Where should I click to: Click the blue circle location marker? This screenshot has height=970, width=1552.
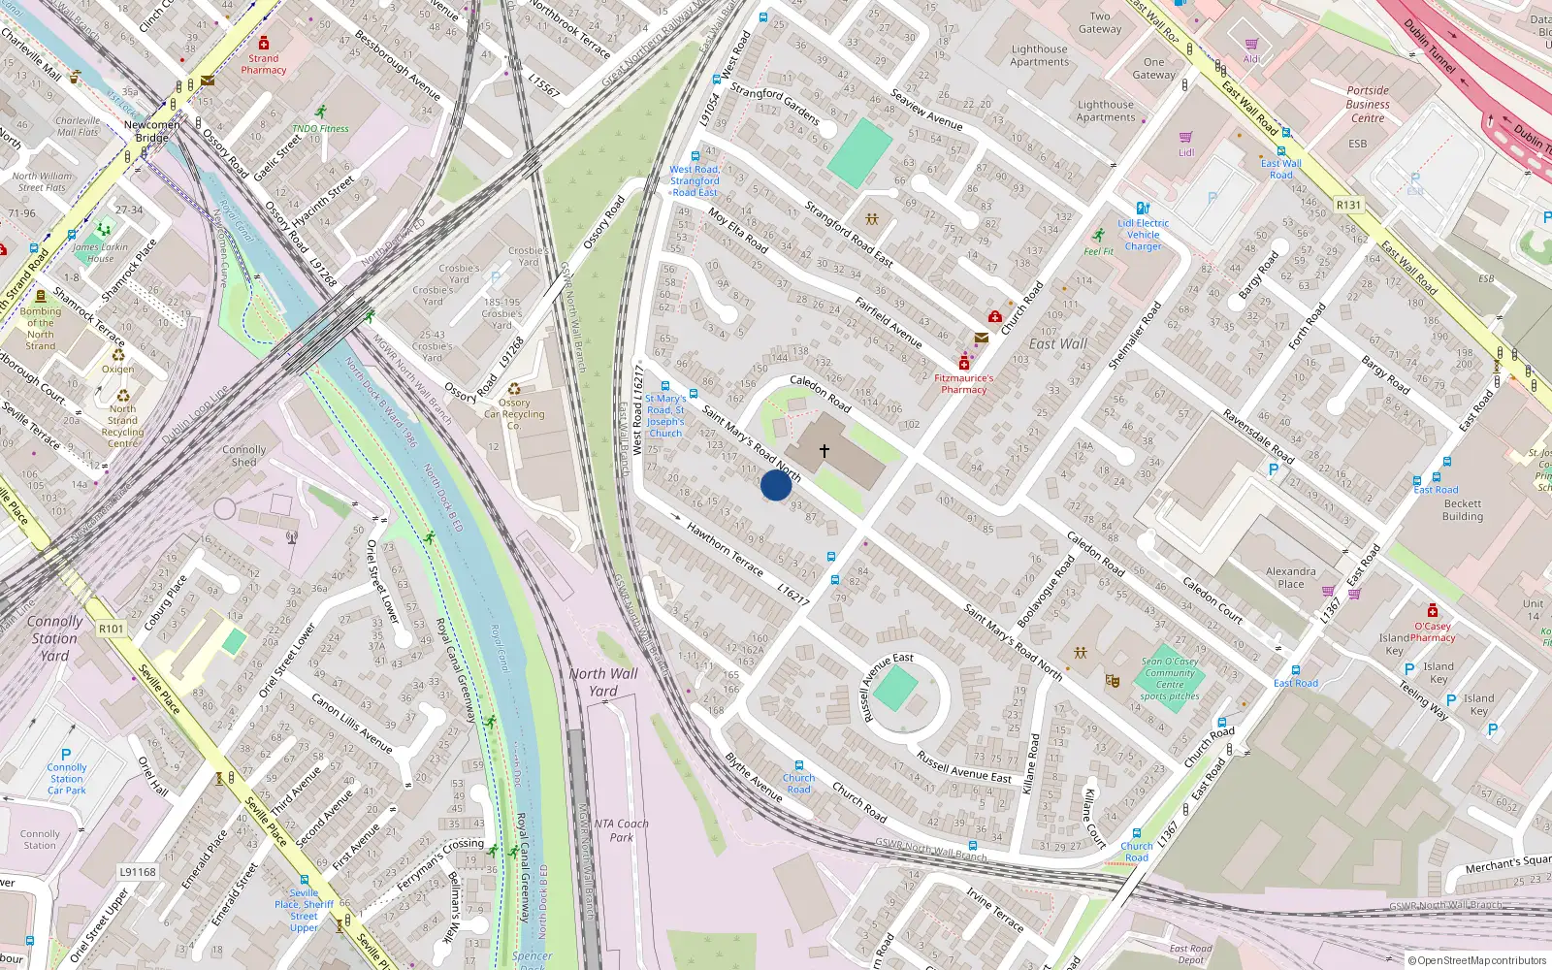click(x=776, y=485)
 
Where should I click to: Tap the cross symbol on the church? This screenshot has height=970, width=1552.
click(x=824, y=451)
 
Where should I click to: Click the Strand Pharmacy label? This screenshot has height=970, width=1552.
click(x=264, y=64)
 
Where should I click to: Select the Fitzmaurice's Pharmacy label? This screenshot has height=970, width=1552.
click(x=963, y=384)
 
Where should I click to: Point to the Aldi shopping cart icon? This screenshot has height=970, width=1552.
click(x=1252, y=44)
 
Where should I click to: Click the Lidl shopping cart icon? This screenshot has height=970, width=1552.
click(x=1185, y=138)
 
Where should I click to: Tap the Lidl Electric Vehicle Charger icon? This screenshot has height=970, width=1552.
click(x=1143, y=208)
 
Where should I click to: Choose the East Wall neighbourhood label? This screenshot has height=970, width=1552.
click(x=1057, y=344)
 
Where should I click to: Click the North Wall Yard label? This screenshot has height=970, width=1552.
click(x=603, y=682)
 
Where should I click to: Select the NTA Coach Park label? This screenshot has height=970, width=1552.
click(x=621, y=830)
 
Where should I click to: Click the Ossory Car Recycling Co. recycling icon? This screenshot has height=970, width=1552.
click(x=514, y=389)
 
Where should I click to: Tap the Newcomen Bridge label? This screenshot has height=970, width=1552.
click(x=152, y=131)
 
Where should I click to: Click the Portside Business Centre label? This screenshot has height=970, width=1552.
click(x=1368, y=104)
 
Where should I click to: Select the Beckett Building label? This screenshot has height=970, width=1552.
click(x=1462, y=510)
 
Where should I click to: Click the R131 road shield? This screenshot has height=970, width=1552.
click(x=1348, y=205)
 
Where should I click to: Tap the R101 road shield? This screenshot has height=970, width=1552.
click(x=112, y=629)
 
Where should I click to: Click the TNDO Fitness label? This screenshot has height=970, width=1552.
click(x=320, y=128)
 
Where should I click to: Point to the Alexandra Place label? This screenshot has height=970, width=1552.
click(x=1291, y=577)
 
